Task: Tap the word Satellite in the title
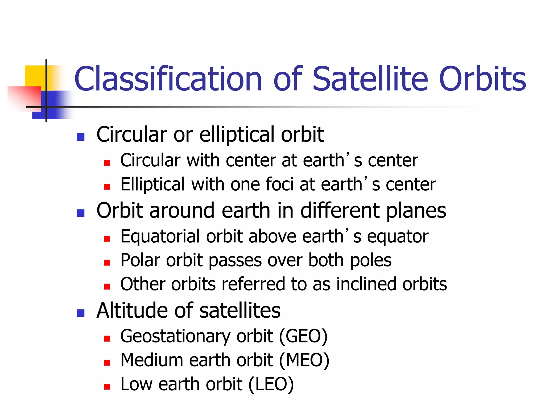pos(370,79)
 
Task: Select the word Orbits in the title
pos(482,79)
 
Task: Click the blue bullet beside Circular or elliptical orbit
pos(81,137)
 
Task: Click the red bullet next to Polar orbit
pos(107,263)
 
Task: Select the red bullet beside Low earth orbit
pos(107,387)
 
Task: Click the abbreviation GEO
pos(303,336)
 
